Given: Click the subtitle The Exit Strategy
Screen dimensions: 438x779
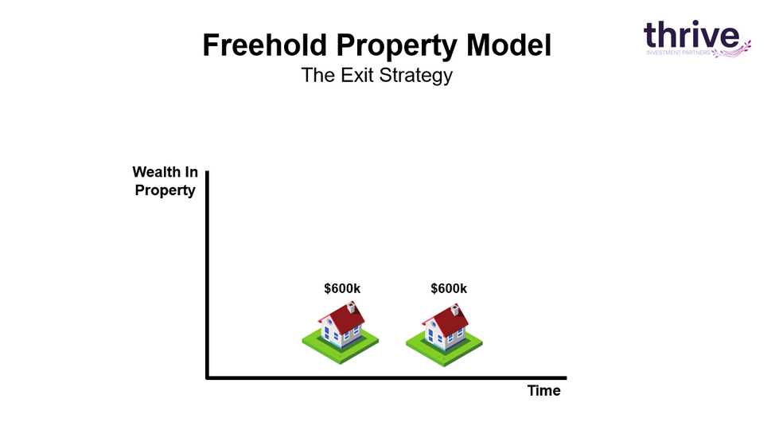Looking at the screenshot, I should tap(376, 76).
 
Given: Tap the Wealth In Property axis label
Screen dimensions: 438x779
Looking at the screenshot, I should tap(165, 181).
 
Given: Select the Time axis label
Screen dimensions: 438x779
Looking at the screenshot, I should tap(544, 390).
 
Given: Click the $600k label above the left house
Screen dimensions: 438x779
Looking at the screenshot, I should tap(342, 288).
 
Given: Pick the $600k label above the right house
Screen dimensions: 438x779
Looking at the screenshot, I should tap(449, 288).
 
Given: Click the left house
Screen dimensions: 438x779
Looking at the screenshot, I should tap(341, 332).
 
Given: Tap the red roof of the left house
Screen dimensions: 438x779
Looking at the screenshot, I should tap(346, 319).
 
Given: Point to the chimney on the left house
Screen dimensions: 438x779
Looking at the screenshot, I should tap(352, 306).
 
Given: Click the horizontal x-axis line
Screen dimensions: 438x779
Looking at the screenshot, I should tap(387, 377).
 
